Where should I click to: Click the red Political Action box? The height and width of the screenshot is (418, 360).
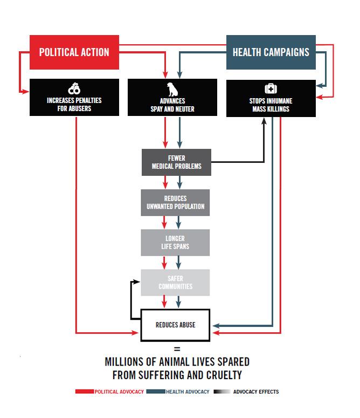[x=74, y=52]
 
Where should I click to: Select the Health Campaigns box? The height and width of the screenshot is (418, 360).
[x=271, y=52]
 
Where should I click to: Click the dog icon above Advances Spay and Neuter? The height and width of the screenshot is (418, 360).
[x=172, y=88]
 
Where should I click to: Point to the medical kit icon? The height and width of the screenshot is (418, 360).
[x=271, y=88]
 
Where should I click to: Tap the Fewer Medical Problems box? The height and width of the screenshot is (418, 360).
[x=176, y=162]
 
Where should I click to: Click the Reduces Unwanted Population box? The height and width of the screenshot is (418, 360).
[x=175, y=203]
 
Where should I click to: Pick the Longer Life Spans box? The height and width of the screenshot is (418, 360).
[x=175, y=243]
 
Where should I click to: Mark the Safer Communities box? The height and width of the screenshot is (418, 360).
[x=175, y=283]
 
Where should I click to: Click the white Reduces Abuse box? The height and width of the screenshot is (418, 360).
[x=175, y=325]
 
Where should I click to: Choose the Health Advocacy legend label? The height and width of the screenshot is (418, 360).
[x=187, y=392]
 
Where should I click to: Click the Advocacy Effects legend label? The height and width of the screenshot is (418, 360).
[x=256, y=392]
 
